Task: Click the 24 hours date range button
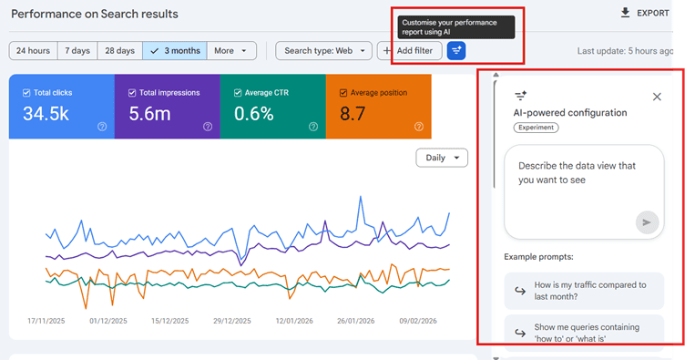(33, 51)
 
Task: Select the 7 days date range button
(77, 51)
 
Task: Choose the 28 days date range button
(119, 51)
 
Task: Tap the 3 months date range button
(175, 51)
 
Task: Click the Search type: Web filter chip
(323, 51)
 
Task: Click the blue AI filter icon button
(456, 51)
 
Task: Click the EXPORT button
(644, 13)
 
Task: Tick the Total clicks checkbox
(26, 93)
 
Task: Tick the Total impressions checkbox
(132, 93)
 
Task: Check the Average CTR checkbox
(238, 93)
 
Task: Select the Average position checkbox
(343, 93)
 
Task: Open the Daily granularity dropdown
(441, 158)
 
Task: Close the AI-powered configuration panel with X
(657, 97)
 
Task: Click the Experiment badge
(536, 128)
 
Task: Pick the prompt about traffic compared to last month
(583, 291)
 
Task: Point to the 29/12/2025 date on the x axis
(231, 321)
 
